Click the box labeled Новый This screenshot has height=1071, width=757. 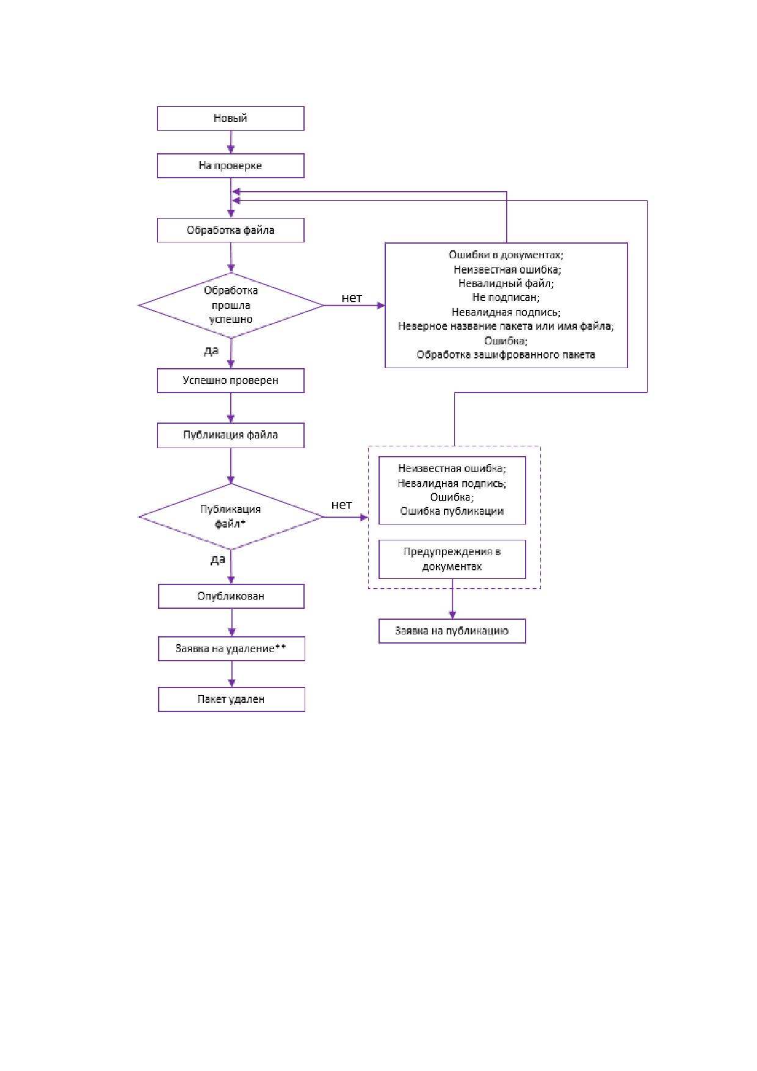(x=231, y=118)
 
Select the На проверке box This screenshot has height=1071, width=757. (x=231, y=166)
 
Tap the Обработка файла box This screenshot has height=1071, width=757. (x=231, y=230)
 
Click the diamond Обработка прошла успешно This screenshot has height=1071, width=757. (x=231, y=305)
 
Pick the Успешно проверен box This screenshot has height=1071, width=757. (x=231, y=380)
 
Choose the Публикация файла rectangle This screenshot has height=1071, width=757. (x=231, y=435)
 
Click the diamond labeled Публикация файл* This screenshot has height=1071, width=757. (x=231, y=517)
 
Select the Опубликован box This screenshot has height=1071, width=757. (x=231, y=596)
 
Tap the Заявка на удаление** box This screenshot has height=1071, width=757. (x=231, y=648)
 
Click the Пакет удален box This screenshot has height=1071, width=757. (x=231, y=699)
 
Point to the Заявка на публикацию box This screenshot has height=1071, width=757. (x=452, y=631)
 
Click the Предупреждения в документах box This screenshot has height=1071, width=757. (x=452, y=559)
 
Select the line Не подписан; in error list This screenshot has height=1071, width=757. (x=506, y=297)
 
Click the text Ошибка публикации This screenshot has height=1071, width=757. (x=452, y=512)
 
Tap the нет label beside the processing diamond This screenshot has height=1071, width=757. (x=352, y=298)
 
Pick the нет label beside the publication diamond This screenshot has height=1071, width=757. (x=342, y=504)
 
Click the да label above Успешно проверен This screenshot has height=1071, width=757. (x=211, y=350)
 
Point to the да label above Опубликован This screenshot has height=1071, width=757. (x=218, y=559)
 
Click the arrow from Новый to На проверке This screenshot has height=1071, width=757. (x=231, y=142)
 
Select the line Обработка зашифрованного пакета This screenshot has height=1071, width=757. (x=506, y=355)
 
